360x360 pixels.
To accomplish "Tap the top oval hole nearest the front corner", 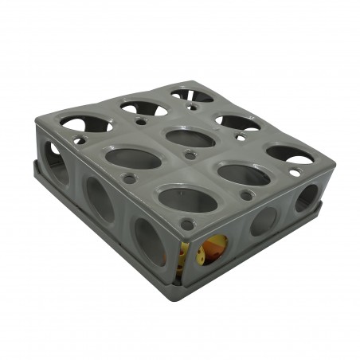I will point(187,199).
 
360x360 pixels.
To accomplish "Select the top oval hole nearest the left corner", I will point(85,123).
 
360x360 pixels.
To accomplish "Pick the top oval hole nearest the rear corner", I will point(191,96).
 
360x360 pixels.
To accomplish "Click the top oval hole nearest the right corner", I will point(289,154).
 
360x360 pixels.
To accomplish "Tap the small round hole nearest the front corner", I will point(188,225).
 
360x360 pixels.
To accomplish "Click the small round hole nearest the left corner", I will point(79,141).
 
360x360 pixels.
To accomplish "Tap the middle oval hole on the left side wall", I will point(100,199).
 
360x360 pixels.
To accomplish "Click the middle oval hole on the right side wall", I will point(264,221).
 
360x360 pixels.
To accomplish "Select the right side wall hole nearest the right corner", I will point(306,197).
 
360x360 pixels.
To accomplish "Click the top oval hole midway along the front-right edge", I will point(243,174).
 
